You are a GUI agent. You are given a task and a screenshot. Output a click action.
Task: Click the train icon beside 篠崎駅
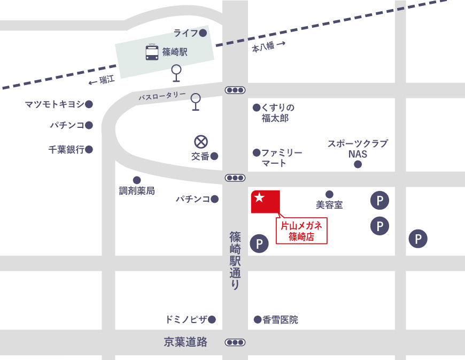pos(152,52)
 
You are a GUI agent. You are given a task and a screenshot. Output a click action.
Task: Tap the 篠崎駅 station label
pos(175,52)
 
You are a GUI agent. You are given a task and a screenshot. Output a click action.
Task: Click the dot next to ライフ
pos(203,33)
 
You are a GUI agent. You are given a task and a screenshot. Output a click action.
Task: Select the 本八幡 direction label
pos(263,48)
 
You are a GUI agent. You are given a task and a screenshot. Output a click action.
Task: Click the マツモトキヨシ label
pos(55,104)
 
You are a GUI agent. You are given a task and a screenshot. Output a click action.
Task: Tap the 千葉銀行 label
pos(66,150)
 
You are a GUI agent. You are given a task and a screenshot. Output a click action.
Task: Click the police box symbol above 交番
pos(200,142)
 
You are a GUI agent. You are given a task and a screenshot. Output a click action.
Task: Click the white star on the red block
pos(259,197)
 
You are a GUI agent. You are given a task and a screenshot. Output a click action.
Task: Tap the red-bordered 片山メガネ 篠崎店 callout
pos(301,231)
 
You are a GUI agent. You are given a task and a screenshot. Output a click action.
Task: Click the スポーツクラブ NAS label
pos(358,149)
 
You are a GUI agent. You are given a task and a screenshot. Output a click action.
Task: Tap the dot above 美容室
pos(329,194)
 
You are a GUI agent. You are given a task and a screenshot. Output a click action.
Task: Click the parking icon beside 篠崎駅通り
pos(259,244)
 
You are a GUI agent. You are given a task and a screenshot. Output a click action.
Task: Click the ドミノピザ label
pos(187,320)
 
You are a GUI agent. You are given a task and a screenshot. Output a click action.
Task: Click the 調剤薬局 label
pos(137,190)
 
